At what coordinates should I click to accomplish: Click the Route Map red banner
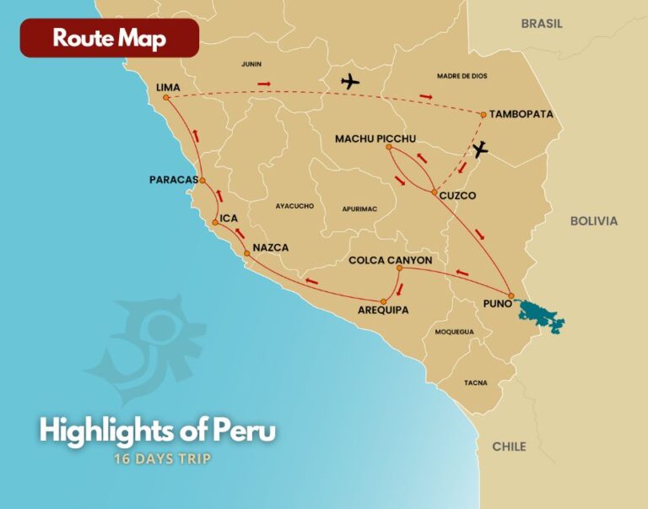click(x=110, y=38)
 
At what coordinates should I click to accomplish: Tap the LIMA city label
click(x=170, y=87)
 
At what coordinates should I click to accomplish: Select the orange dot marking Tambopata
click(x=483, y=114)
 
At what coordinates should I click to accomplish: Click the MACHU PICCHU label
click(x=375, y=138)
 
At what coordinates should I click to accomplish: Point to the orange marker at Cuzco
click(x=435, y=193)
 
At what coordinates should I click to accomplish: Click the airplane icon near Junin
click(x=348, y=82)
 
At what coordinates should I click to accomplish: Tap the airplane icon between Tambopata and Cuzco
click(x=479, y=149)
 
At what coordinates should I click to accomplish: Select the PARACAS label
click(x=172, y=180)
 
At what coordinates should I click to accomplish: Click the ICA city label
click(x=229, y=219)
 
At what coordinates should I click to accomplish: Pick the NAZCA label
click(x=271, y=247)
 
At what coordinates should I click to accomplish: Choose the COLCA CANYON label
click(x=391, y=261)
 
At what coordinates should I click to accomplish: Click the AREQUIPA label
click(x=383, y=310)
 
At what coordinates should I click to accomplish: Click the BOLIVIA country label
click(x=594, y=221)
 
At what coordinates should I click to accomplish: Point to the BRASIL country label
click(x=542, y=24)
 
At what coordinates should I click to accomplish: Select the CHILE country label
click(x=510, y=446)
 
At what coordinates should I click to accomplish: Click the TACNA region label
click(x=475, y=382)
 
